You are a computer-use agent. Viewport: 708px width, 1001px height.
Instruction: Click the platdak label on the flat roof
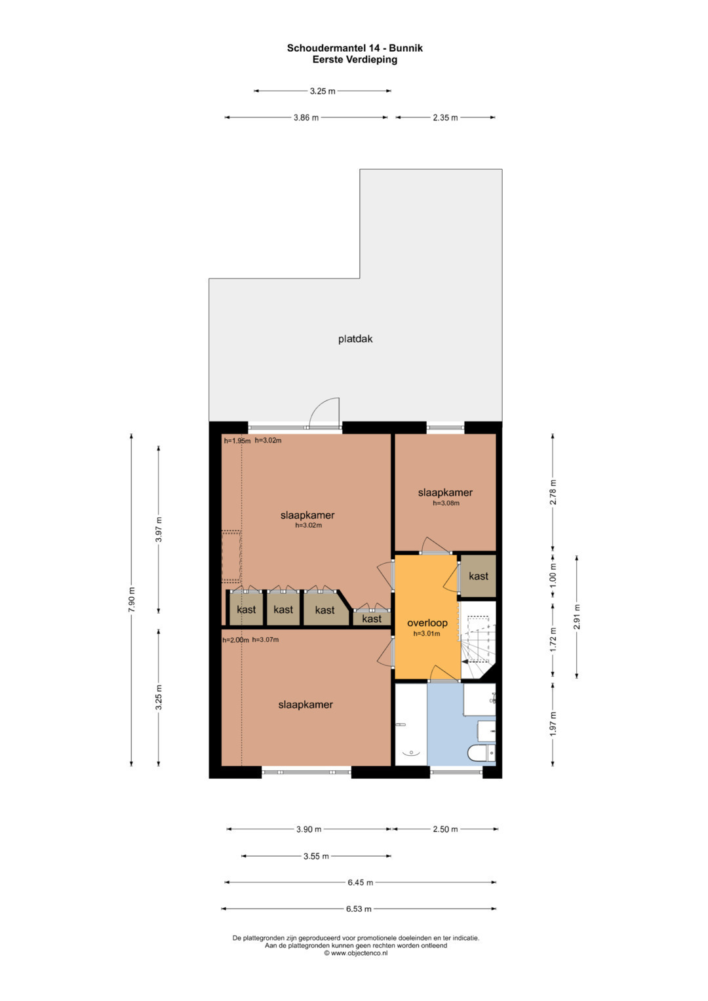click(355, 339)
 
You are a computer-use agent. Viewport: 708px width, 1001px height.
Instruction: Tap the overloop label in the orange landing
click(427, 623)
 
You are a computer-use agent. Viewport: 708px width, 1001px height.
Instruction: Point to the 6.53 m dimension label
click(359, 909)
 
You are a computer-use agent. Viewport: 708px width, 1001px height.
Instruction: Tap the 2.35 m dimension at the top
click(445, 117)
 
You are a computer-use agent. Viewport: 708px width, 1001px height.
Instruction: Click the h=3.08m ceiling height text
click(446, 503)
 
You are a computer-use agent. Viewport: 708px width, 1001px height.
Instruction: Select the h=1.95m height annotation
click(237, 441)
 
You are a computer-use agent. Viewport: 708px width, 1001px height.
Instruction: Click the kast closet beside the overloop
click(479, 576)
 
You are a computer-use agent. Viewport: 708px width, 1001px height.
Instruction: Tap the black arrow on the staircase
click(465, 661)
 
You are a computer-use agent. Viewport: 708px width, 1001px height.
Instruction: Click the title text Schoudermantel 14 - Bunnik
click(355, 48)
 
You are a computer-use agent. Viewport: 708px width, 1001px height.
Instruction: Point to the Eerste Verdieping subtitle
click(355, 60)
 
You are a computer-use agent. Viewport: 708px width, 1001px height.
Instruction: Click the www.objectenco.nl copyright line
click(356, 952)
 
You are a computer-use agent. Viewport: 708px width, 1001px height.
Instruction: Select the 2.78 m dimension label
click(553, 492)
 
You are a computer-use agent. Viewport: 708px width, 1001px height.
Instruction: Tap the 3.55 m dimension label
click(316, 856)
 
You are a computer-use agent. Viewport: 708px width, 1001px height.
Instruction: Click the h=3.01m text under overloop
click(426, 634)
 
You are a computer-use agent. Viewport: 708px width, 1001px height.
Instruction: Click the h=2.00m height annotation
click(235, 640)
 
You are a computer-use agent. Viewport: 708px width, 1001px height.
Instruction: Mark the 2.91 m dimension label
click(577, 617)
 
